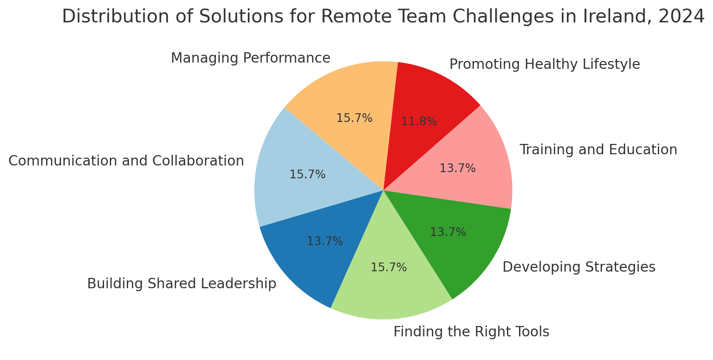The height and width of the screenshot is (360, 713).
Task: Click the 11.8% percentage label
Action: [x=419, y=122]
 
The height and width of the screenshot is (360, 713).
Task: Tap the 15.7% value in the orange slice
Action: [x=354, y=118]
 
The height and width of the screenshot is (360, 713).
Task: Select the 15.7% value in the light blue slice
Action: [x=307, y=175]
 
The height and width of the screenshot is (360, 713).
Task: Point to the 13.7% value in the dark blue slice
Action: [x=325, y=241]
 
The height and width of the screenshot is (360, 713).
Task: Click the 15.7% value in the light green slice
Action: [x=388, y=268]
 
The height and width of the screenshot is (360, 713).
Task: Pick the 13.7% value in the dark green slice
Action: [x=448, y=232]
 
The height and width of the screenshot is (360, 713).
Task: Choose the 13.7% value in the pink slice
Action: [x=457, y=168]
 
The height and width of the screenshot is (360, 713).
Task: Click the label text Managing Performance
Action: [x=250, y=58]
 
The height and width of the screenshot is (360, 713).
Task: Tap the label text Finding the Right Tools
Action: [x=471, y=332]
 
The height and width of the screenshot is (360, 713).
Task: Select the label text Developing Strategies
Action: [x=579, y=267]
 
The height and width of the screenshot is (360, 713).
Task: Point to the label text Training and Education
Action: [x=598, y=150]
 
